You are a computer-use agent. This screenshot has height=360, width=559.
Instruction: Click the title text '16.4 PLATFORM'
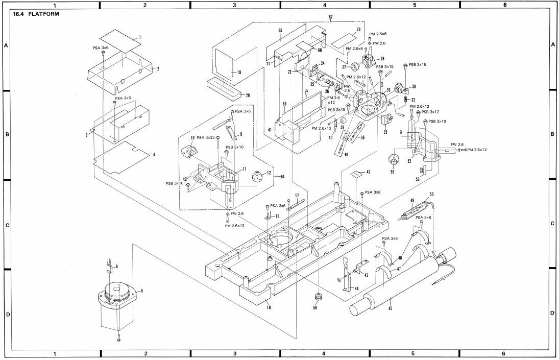(x=36, y=14)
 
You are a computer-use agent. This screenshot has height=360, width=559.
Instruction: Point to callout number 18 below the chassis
(x=269, y=307)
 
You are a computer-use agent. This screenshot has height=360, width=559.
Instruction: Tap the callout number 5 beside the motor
(x=142, y=291)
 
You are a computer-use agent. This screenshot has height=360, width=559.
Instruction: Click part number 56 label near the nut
(x=315, y=307)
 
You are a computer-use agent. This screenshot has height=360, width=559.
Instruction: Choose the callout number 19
(x=239, y=73)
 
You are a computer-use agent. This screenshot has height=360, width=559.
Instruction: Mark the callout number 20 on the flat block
(x=248, y=95)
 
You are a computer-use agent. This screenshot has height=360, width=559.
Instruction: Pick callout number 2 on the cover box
(x=158, y=69)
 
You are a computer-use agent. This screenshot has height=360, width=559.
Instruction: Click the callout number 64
(x=283, y=177)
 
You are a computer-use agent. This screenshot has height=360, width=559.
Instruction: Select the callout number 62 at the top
(x=330, y=17)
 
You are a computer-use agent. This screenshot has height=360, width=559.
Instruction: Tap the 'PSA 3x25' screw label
(x=206, y=137)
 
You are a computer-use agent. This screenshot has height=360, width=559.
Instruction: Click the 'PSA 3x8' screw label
(x=373, y=193)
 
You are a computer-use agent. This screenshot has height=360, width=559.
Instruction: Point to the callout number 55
(x=392, y=172)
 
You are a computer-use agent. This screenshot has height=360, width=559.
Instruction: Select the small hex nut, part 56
(x=316, y=297)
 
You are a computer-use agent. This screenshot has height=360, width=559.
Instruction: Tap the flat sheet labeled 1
(x=120, y=39)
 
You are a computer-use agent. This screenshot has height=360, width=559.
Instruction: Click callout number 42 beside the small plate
(x=368, y=172)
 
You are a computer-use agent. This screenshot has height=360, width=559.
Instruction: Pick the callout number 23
(x=358, y=30)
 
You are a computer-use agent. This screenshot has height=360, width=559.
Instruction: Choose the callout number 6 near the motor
(x=116, y=267)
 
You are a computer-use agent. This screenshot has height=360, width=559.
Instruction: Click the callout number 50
(x=431, y=195)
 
